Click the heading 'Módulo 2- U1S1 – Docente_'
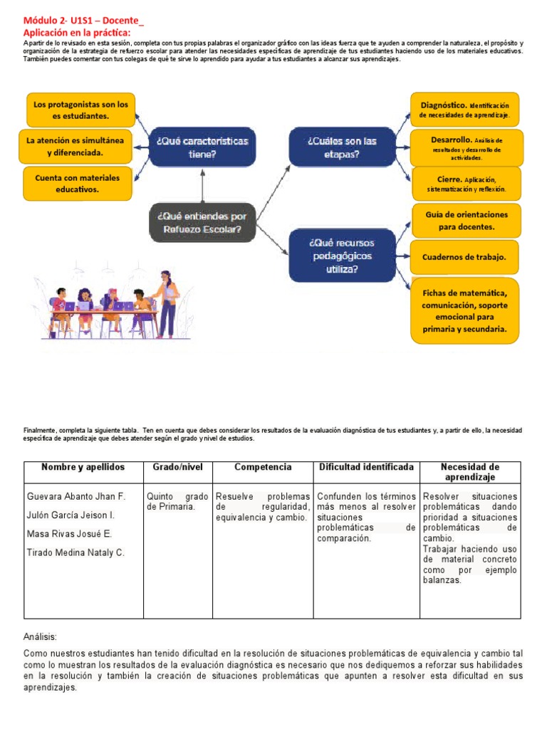click(83, 21)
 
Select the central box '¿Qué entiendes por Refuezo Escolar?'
click(202, 222)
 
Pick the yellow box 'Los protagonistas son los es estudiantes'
click(80, 110)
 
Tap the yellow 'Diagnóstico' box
click(464, 110)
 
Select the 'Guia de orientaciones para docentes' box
click(467, 221)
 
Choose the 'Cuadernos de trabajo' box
click(464, 257)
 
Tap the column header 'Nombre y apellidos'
click(83, 467)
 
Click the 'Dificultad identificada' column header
click(366, 467)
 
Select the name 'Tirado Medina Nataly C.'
click(75, 552)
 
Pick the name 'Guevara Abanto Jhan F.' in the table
click(75, 496)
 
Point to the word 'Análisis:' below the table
click(40, 637)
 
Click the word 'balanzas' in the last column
click(442, 580)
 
